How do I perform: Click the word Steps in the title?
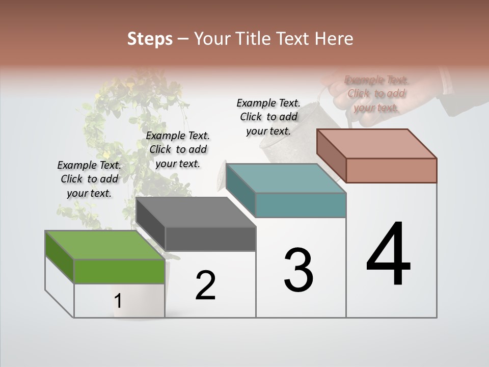150,39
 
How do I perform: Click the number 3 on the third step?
298,270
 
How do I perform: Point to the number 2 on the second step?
206,285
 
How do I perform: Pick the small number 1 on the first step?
118,301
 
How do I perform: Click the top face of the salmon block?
377,144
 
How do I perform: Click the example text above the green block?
89,179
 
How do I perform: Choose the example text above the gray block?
178,149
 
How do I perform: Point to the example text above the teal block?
268,117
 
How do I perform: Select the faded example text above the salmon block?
376,93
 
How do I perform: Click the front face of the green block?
119,271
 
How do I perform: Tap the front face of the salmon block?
391,170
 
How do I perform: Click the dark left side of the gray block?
151,223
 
